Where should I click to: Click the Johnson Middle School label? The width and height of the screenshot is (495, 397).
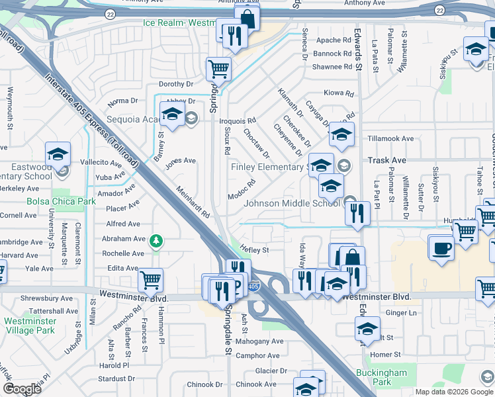pos(292,203)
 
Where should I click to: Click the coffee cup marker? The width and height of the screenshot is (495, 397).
pos(441,249)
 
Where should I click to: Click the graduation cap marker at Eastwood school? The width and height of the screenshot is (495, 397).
pos(58,155)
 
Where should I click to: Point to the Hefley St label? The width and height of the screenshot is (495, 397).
pos(254,250)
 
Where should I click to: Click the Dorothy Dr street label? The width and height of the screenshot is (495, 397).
pos(176,84)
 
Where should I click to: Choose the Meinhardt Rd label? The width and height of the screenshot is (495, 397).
pos(193,202)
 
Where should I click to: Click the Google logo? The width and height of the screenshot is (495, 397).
pos(22,389)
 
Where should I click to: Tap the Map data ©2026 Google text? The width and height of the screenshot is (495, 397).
pos(454,392)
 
